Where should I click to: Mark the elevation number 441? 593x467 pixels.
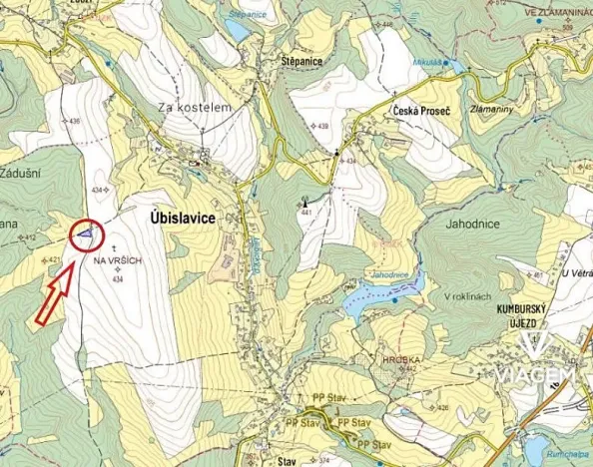click(306, 213)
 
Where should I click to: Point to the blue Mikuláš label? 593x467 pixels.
click(427, 62)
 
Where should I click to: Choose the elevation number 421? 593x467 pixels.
click(55, 259)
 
